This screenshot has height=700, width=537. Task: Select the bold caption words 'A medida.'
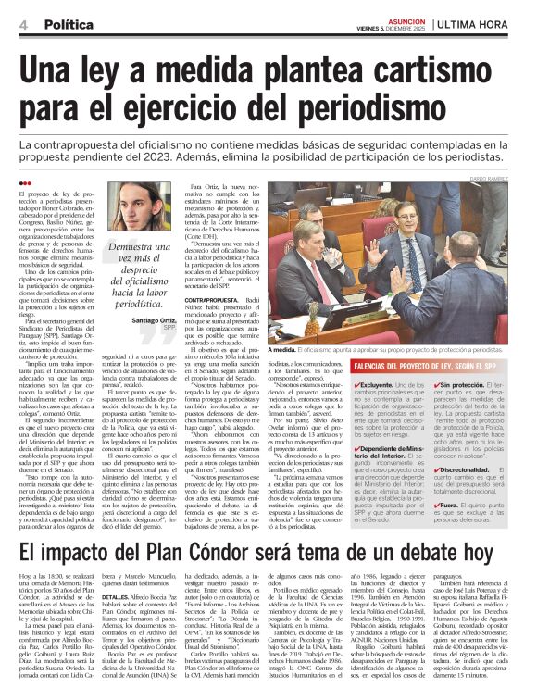click(x=282, y=351)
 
